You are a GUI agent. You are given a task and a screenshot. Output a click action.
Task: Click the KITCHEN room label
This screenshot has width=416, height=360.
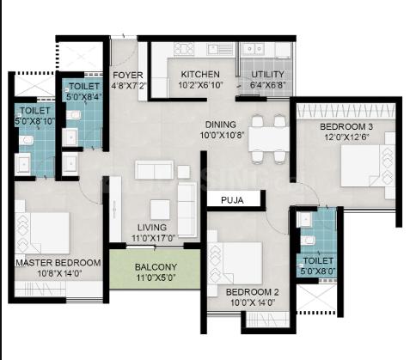point(200,74)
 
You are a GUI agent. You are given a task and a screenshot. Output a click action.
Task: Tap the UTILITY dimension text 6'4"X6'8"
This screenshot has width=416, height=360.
point(267,85)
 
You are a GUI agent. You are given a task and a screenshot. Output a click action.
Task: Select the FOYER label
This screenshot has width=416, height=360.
point(128,75)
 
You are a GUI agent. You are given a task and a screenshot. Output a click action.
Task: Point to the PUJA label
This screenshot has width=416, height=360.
point(232,200)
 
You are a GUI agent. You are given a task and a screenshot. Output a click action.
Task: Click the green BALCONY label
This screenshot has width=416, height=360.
point(156,267)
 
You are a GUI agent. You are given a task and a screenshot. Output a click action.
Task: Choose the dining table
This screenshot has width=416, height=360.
point(269,139)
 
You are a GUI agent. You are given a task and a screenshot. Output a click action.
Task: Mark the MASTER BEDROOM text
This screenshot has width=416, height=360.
point(58,263)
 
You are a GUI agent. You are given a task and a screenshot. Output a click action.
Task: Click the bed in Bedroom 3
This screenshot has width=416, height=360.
point(368,166)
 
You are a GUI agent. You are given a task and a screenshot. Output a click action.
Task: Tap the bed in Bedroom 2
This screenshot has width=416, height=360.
point(235,264)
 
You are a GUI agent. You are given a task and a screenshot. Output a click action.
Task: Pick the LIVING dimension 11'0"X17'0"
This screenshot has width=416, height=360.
point(153,238)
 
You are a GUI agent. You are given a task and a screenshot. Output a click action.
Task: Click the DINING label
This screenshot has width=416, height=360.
point(221,125)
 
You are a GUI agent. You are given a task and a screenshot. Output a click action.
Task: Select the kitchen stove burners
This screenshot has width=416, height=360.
point(184,48)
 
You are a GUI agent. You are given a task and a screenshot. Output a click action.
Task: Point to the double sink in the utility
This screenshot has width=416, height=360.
point(252,49)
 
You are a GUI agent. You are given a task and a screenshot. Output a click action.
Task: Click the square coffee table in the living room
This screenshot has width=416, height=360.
point(160,210)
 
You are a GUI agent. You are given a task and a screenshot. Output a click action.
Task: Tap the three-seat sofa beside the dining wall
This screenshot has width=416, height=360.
point(187,210)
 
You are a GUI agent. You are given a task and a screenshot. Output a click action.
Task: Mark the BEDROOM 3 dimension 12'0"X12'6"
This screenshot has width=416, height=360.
point(346,137)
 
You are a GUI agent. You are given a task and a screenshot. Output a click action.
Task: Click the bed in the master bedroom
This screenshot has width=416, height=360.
point(42,233)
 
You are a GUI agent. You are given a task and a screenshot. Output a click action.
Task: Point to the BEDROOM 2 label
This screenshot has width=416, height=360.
point(252,292)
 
